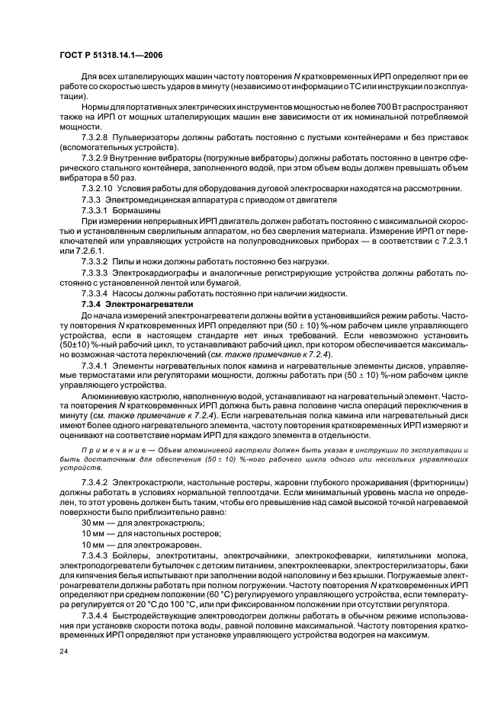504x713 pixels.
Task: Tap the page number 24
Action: [x=64, y=652]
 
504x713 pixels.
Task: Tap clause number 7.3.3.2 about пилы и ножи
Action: [x=97, y=261]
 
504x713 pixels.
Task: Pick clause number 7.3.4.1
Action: [x=97, y=365]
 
